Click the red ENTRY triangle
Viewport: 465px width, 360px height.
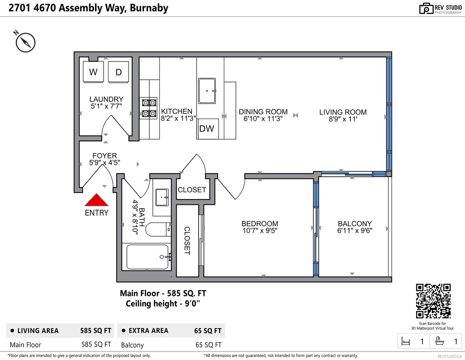click(x=96, y=200)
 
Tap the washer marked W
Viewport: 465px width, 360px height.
click(x=93, y=72)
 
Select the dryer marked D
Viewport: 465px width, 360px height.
click(x=118, y=72)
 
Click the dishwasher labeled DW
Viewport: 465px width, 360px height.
click(x=207, y=129)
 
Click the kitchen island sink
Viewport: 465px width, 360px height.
click(x=207, y=91)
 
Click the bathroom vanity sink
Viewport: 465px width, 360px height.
click(x=162, y=197)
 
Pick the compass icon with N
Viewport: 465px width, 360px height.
click(x=25, y=42)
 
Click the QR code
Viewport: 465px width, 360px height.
click(x=433, y=301)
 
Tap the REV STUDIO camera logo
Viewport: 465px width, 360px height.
click(x=426, y=9)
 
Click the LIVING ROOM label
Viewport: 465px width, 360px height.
click(x=343, y=112)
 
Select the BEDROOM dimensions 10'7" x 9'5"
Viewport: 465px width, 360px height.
click(x=260, y=231)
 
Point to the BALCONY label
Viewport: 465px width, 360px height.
click(x=355, y=224)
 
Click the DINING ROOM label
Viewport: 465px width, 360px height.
click(x=263, y=112)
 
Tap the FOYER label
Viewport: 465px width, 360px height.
click(x=105, y=156)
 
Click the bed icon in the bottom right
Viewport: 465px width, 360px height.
click(x=406, y=341)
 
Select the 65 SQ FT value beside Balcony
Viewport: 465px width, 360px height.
click(x=208, y=345)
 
